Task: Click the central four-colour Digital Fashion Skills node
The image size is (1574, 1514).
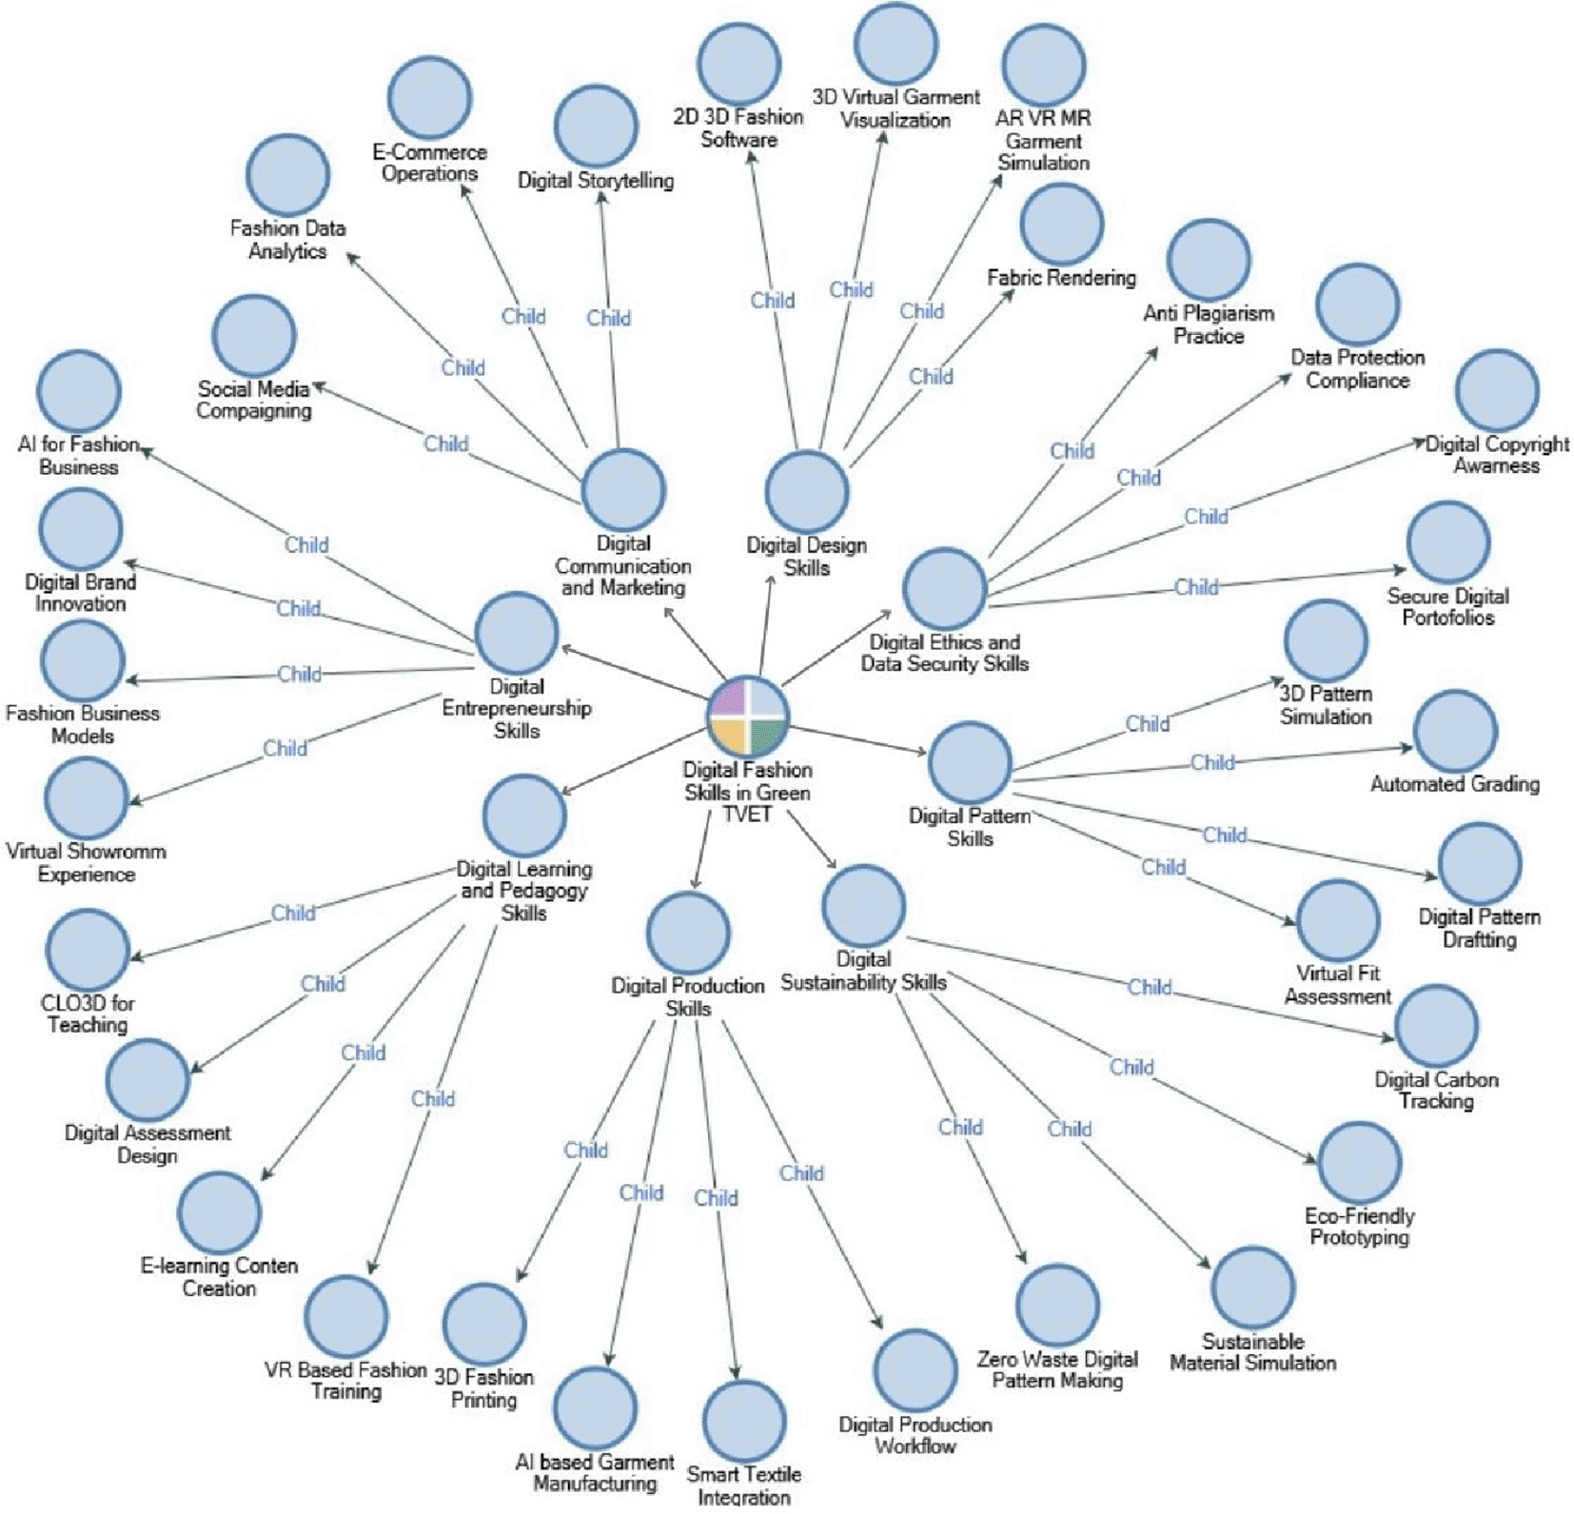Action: [x=748, y=717]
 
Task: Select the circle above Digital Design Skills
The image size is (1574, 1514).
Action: [x=807, y=491]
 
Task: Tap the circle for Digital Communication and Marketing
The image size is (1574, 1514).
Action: [x=623, y=489]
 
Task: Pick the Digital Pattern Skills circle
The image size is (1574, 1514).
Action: [x=970, y=762]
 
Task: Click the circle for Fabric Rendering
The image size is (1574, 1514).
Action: [x=1061, y=225]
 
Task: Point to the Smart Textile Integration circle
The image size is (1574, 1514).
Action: [x=744, y=1421]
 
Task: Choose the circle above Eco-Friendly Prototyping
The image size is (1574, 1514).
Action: [x=1360, y=1162]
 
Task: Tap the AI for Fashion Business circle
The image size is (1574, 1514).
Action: [x=79, y=391]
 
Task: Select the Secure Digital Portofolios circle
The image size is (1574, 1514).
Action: [x=1448, y=542]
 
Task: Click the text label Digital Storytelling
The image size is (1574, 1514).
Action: [x=596, y=180]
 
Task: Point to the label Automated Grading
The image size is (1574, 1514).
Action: [x=1455, y=784]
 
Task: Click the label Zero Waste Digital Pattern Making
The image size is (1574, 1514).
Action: [x=1057, y=1369]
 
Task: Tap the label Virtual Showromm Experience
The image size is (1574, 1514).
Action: [x=86, y=863]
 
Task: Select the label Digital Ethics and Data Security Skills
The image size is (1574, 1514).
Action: [x=945, y=653]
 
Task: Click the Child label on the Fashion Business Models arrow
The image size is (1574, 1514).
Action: [x=300, y=674]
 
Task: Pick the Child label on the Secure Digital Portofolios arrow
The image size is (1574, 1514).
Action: [x=1196, y=587]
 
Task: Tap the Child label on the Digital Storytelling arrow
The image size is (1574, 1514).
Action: [x=608, y=318]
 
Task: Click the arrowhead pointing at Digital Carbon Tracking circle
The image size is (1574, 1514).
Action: [x=1389, y=1036]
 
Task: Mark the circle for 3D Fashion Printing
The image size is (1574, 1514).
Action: [x=484, y=1324]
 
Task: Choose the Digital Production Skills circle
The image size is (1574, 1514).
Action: [x=688, y=933]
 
